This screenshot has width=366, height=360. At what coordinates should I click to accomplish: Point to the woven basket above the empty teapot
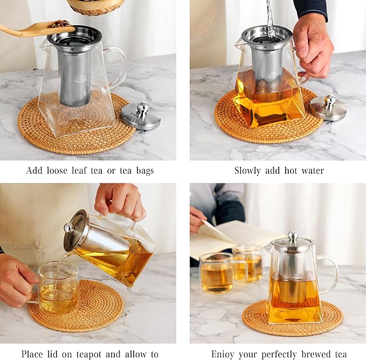click(x=95, y=6)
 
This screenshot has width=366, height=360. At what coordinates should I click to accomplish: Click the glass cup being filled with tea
click(x=58, y=287)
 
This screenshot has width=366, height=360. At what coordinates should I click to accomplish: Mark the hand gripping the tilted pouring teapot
click(x=119, y=202)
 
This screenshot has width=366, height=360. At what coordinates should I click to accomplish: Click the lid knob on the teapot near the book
click(x=293, y=236)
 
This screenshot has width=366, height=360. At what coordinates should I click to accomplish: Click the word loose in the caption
click(x=64, y=171)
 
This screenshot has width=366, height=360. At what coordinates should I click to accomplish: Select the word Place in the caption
click(x=33, y=354)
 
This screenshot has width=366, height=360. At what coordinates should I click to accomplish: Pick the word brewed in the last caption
click(x=316, y=354)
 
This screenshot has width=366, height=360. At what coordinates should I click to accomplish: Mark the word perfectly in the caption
click(x=277, y=354)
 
